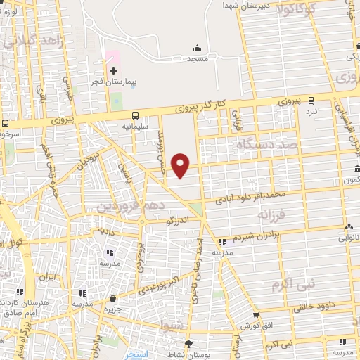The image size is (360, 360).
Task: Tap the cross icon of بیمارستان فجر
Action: point(113,70)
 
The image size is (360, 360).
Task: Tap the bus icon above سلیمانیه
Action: point(134,116)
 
